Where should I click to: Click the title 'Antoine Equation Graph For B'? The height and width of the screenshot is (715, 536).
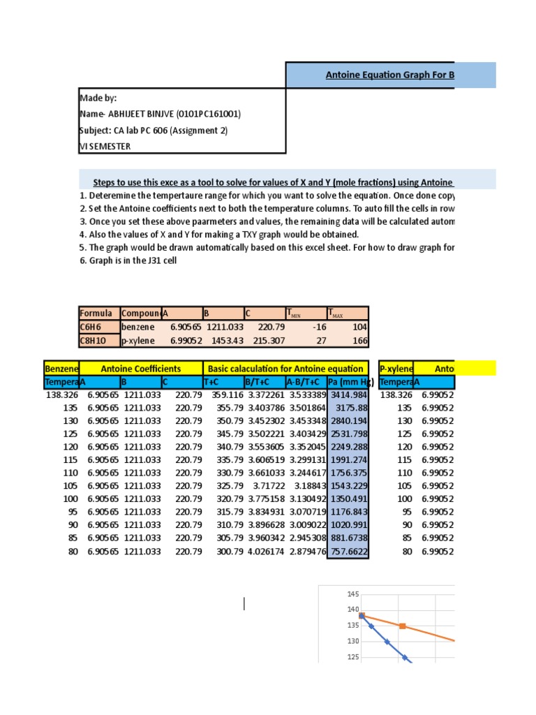pyautogui.click(x=390, y=75)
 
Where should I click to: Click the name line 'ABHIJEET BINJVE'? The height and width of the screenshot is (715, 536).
pyautogui.click(x=161, y=114)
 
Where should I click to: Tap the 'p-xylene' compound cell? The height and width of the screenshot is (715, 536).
pyautogui.click(x=137, y=340)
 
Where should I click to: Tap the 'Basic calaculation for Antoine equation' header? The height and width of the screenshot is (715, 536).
pyautogui.click(x=285, y=369)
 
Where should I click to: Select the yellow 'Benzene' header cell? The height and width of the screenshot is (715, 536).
pyautogui.click(x=61, y=369)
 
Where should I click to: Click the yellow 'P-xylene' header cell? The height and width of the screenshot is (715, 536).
pyautogui.click(x=396, y=369)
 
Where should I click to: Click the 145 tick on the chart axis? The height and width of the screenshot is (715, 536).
pyautogui.click(x=352, y=594)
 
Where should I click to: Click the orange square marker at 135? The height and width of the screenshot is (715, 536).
pyautogui.click(x=402, y=626)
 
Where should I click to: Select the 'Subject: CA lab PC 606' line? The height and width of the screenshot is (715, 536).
pyautogui.click(x=154, y=130)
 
